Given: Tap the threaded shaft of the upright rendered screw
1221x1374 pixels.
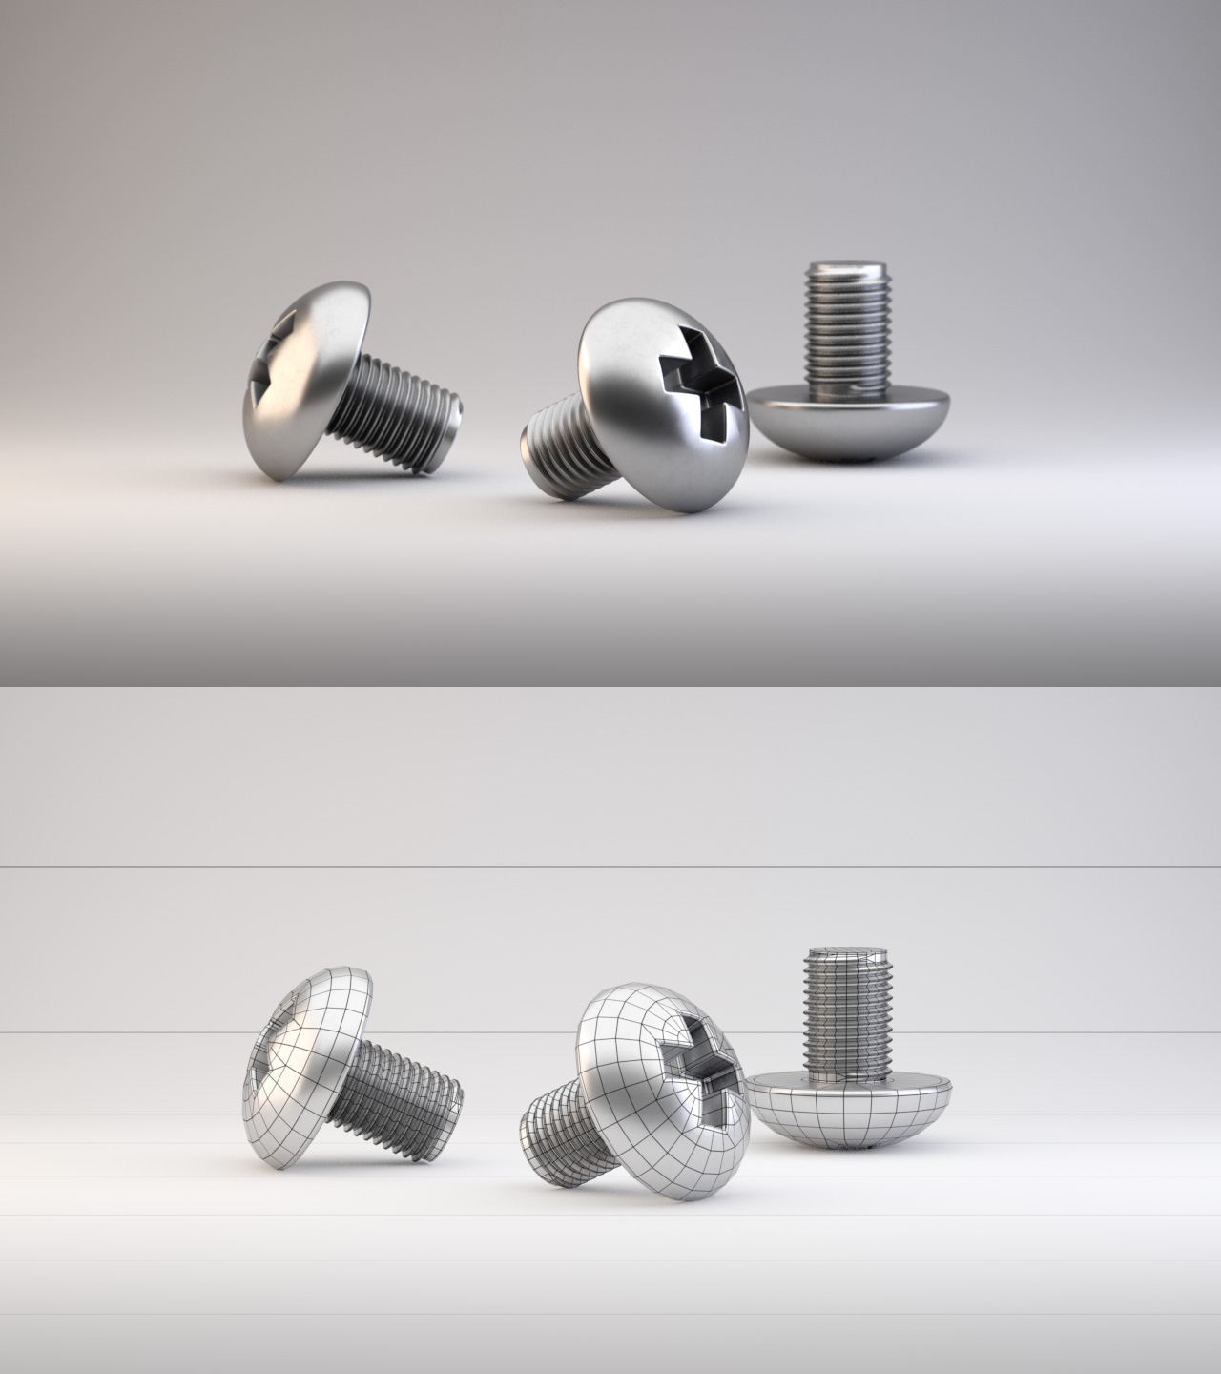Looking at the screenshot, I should pyautogui.click(x=847, y=324).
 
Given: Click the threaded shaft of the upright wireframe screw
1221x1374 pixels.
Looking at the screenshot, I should pyautogui.click(x=847, y=1011).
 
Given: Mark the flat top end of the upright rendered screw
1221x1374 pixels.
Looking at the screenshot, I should pyautogui.click(x=847, y=267).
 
